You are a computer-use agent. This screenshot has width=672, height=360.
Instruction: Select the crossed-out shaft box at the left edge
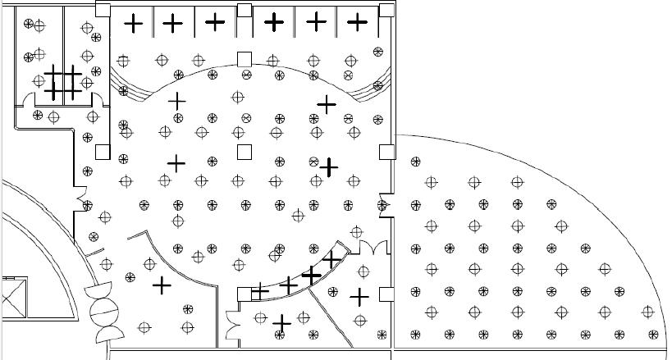[x=14, y=297]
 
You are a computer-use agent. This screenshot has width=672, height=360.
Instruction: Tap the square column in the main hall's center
[x=244, y=152]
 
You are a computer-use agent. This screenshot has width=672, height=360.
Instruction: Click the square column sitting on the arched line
[x=244, y=59]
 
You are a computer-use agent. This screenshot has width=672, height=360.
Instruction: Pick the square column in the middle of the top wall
[x=244, y=10]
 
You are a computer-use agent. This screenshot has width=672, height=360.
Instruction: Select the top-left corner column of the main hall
[x=103, y=9]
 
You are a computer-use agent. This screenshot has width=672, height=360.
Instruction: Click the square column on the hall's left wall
[x=103, y=152]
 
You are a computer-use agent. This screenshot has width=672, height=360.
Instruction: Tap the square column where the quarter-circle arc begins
[x=386, y=152]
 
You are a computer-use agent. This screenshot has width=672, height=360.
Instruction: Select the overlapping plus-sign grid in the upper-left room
[x=62, y=82]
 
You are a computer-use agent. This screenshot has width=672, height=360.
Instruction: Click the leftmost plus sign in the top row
[x=134, y=24]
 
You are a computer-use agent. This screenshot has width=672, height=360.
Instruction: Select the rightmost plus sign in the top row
[x=357, y=22]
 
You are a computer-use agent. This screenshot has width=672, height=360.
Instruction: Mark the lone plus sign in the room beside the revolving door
[x=162, y=285]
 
